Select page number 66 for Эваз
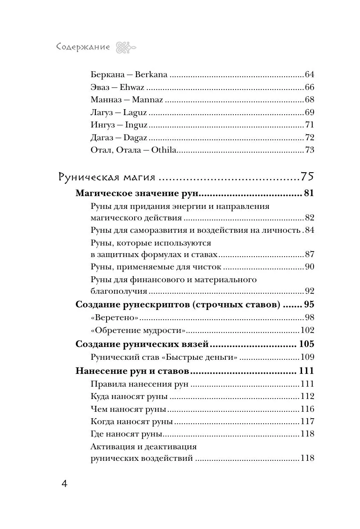pyautogui.click(x=309, y=87)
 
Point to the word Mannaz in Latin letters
pyautogui.click(x=147, y=100)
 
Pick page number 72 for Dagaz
pyautogui.click(x=309, y=138)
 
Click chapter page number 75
pyautogui.click(x=307, y=176)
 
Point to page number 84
pyautogui.click(x=309, y=230)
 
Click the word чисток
pyautogui.click(x=207, y=267)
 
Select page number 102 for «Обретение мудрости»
pyautogui.click(x=307, y=330)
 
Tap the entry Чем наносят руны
pyautogui.click(x=128, y=409)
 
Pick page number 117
pyautogui.click(x=307, y=422)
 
